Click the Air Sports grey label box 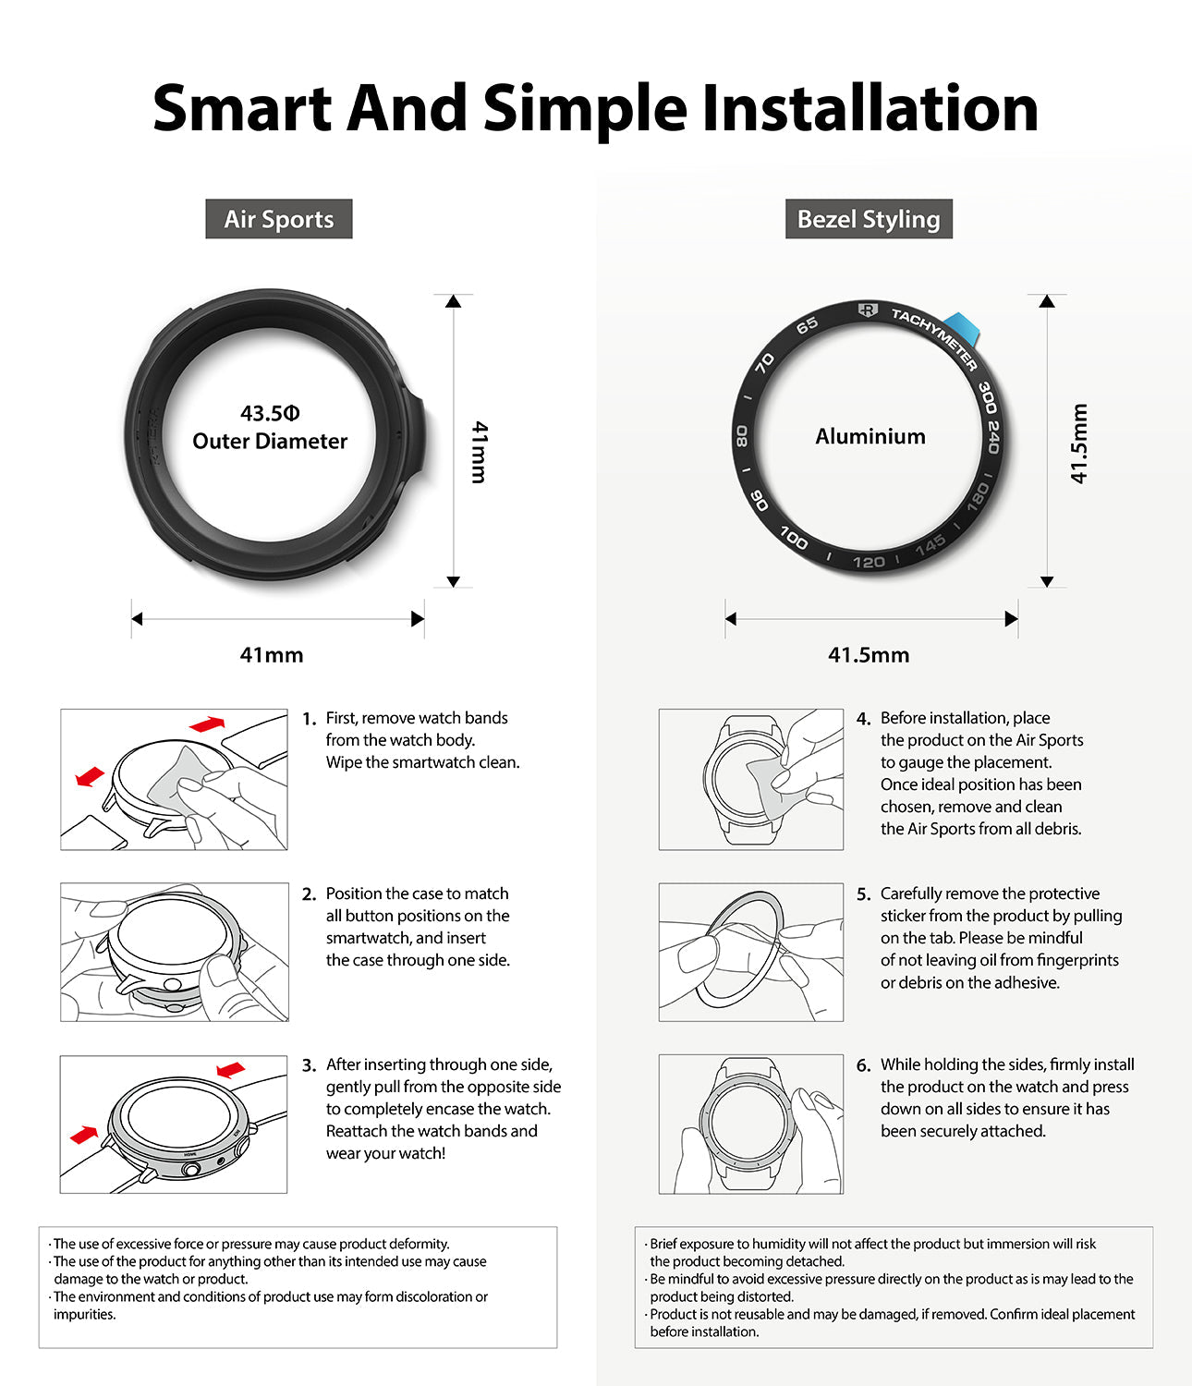pos(278,219)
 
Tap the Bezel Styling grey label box pos(868,219)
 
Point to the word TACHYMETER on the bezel pos(933,338)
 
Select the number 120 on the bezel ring pos(869,562)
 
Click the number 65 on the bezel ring pos(807,325)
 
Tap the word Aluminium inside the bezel pos(870,436)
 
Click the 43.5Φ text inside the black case pos(270,413)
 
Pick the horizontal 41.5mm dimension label pos(869,655)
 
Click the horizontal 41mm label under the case pos(272,655)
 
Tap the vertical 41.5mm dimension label pos(1078,444)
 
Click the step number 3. pos(309,1065)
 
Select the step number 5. pos(863,894)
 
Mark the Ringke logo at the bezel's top pos(867,310)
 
